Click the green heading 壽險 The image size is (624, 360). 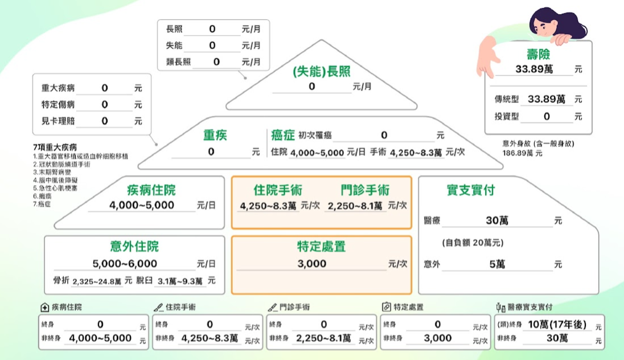538,54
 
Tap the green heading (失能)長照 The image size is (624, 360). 322,72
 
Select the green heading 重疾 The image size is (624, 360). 215,135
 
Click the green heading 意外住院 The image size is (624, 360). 134,247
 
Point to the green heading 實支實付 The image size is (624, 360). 471,190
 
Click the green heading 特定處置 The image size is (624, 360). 322,247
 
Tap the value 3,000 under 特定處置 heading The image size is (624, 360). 311,264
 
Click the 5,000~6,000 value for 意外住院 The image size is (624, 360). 125,264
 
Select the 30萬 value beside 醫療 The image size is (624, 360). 497,220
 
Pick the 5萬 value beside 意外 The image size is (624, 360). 497,264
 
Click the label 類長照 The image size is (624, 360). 178,62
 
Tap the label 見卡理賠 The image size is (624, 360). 58,121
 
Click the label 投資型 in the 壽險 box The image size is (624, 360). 507,116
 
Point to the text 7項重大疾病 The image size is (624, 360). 55,148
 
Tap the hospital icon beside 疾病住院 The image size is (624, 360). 44,307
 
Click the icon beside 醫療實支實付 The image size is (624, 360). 500,307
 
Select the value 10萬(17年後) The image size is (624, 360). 557,325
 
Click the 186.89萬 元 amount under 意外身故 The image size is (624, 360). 522,153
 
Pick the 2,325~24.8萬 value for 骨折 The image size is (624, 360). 97,281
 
